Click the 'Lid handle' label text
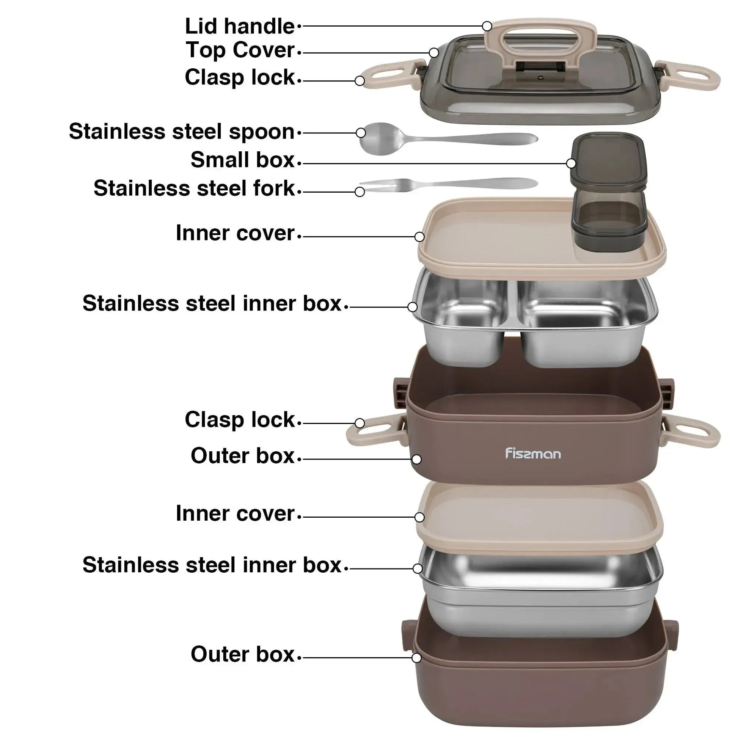tap(240, 27)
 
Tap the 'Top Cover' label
tap(240, 50)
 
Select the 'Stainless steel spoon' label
tap(182, 132)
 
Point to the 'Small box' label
tap(243, 160)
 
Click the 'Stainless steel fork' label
tap(195, 188)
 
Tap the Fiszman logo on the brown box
tap(533, 454)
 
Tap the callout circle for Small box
tap(571, 163)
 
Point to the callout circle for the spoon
tap(361, 133)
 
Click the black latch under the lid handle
tap(540, 67)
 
